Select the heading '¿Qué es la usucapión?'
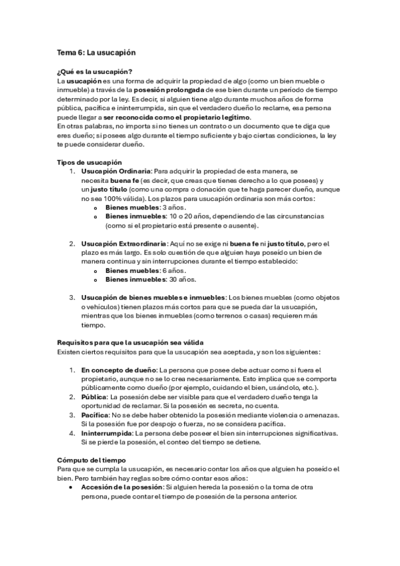coord(94,71)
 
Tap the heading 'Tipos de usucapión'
coord(89,162)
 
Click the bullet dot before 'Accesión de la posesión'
coord(70,487)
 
